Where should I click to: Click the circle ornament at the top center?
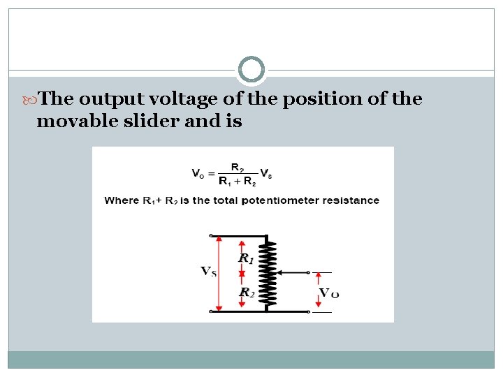[251, 70]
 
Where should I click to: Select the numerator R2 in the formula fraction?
[238, 168]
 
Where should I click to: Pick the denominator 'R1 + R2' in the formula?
[238, 182]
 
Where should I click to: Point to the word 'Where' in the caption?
[122, 200]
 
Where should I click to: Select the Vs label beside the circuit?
[208, 271]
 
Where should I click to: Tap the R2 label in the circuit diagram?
[245, 293]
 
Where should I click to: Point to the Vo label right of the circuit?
[328, 293]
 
